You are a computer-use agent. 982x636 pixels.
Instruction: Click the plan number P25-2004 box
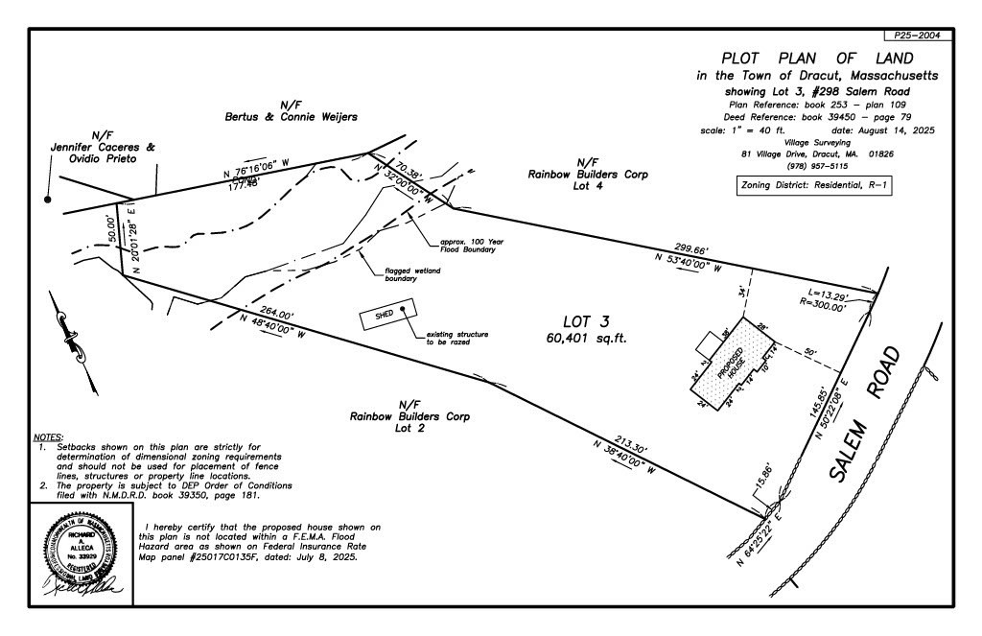click(918, 35)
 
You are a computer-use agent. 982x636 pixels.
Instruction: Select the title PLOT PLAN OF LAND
click(818, 58)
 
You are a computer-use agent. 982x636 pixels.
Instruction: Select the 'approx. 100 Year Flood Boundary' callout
click(467, 246)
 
